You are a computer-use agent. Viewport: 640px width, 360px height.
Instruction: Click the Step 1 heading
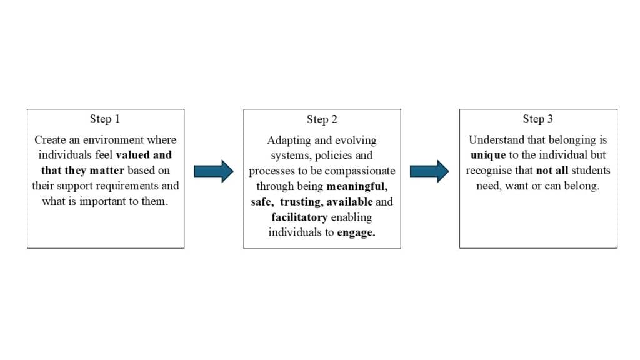105,119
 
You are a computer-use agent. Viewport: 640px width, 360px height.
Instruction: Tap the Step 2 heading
322,119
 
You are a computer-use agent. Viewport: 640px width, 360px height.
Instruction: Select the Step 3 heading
538,119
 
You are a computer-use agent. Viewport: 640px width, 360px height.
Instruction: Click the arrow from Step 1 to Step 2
214,171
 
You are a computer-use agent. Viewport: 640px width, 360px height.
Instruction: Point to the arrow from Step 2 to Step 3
429,171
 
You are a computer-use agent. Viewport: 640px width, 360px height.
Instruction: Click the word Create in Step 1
50,139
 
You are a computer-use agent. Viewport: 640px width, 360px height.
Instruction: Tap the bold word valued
132,155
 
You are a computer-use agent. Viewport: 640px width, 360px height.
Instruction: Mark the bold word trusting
301,202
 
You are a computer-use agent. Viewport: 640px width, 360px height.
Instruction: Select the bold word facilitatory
299,217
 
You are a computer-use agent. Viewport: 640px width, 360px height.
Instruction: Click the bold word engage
356,232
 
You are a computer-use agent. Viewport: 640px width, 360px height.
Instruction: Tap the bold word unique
488,155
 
